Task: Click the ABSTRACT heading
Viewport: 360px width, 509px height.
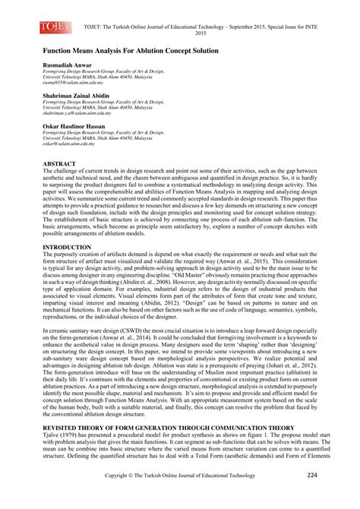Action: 59,164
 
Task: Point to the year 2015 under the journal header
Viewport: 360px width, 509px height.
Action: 201,33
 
